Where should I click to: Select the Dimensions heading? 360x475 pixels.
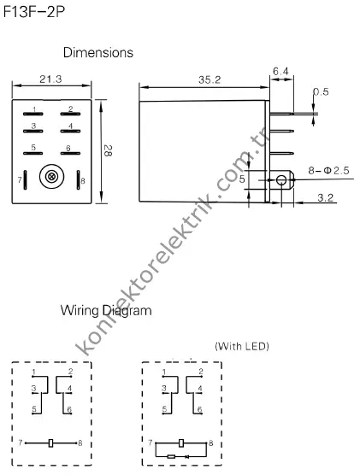[x=97, y=53]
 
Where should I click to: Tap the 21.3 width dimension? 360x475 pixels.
[x=50, y=79]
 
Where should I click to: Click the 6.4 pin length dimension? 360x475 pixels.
[x=281, y=72]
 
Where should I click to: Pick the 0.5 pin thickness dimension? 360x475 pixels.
[x=321, y=91]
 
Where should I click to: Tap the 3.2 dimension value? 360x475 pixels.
[x=325, y=198]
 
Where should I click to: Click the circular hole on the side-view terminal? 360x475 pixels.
[x=280, y=180]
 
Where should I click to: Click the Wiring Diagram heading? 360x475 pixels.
[x=105, y=311]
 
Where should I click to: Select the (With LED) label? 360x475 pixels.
[x=241, y=346]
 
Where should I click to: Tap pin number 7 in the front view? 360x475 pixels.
[x=19, y=180]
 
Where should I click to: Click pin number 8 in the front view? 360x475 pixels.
[x=83, y=180]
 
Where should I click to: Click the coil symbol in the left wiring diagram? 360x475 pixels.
[x=53, y=443]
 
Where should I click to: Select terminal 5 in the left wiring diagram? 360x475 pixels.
[x=32, y=409]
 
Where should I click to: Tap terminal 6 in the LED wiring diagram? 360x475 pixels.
[x=199, y=409]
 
